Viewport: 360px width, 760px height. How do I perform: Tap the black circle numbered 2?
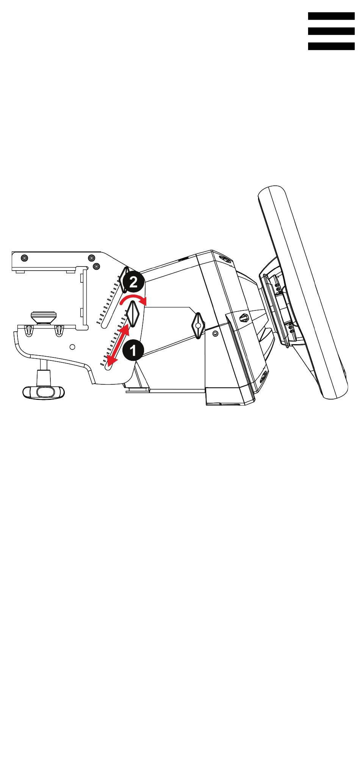pyautogui.click(x=133, y=282)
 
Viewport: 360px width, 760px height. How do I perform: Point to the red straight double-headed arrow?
pyautogui.click(x=117, y=346)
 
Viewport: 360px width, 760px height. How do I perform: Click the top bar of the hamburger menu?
pyautogui.click(x=331, y=16)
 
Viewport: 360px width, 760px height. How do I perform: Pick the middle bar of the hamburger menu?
pyautogui.click(x=331, y=31)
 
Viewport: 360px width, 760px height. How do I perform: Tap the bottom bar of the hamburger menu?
pyautogui.click(x=331, y=46)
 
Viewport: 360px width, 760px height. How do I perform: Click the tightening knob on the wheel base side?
pyautogui.click(x=198, y=325)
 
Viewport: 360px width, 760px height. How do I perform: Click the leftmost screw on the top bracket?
pyautogui.click(x=24, y=258)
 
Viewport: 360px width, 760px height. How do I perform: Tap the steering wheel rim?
pyautogui.click(x=303, y=292)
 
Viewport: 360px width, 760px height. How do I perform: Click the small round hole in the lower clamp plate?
pyautogui.click(x=73, y=346)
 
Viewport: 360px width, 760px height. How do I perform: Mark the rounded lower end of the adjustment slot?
pyautogui.click(x=109, y=367)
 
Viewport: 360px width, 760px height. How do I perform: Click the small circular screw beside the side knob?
pyautogui.click(x=215, y=333)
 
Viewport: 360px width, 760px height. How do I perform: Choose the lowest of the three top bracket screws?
pyautogui.click(x=97, y=265)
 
